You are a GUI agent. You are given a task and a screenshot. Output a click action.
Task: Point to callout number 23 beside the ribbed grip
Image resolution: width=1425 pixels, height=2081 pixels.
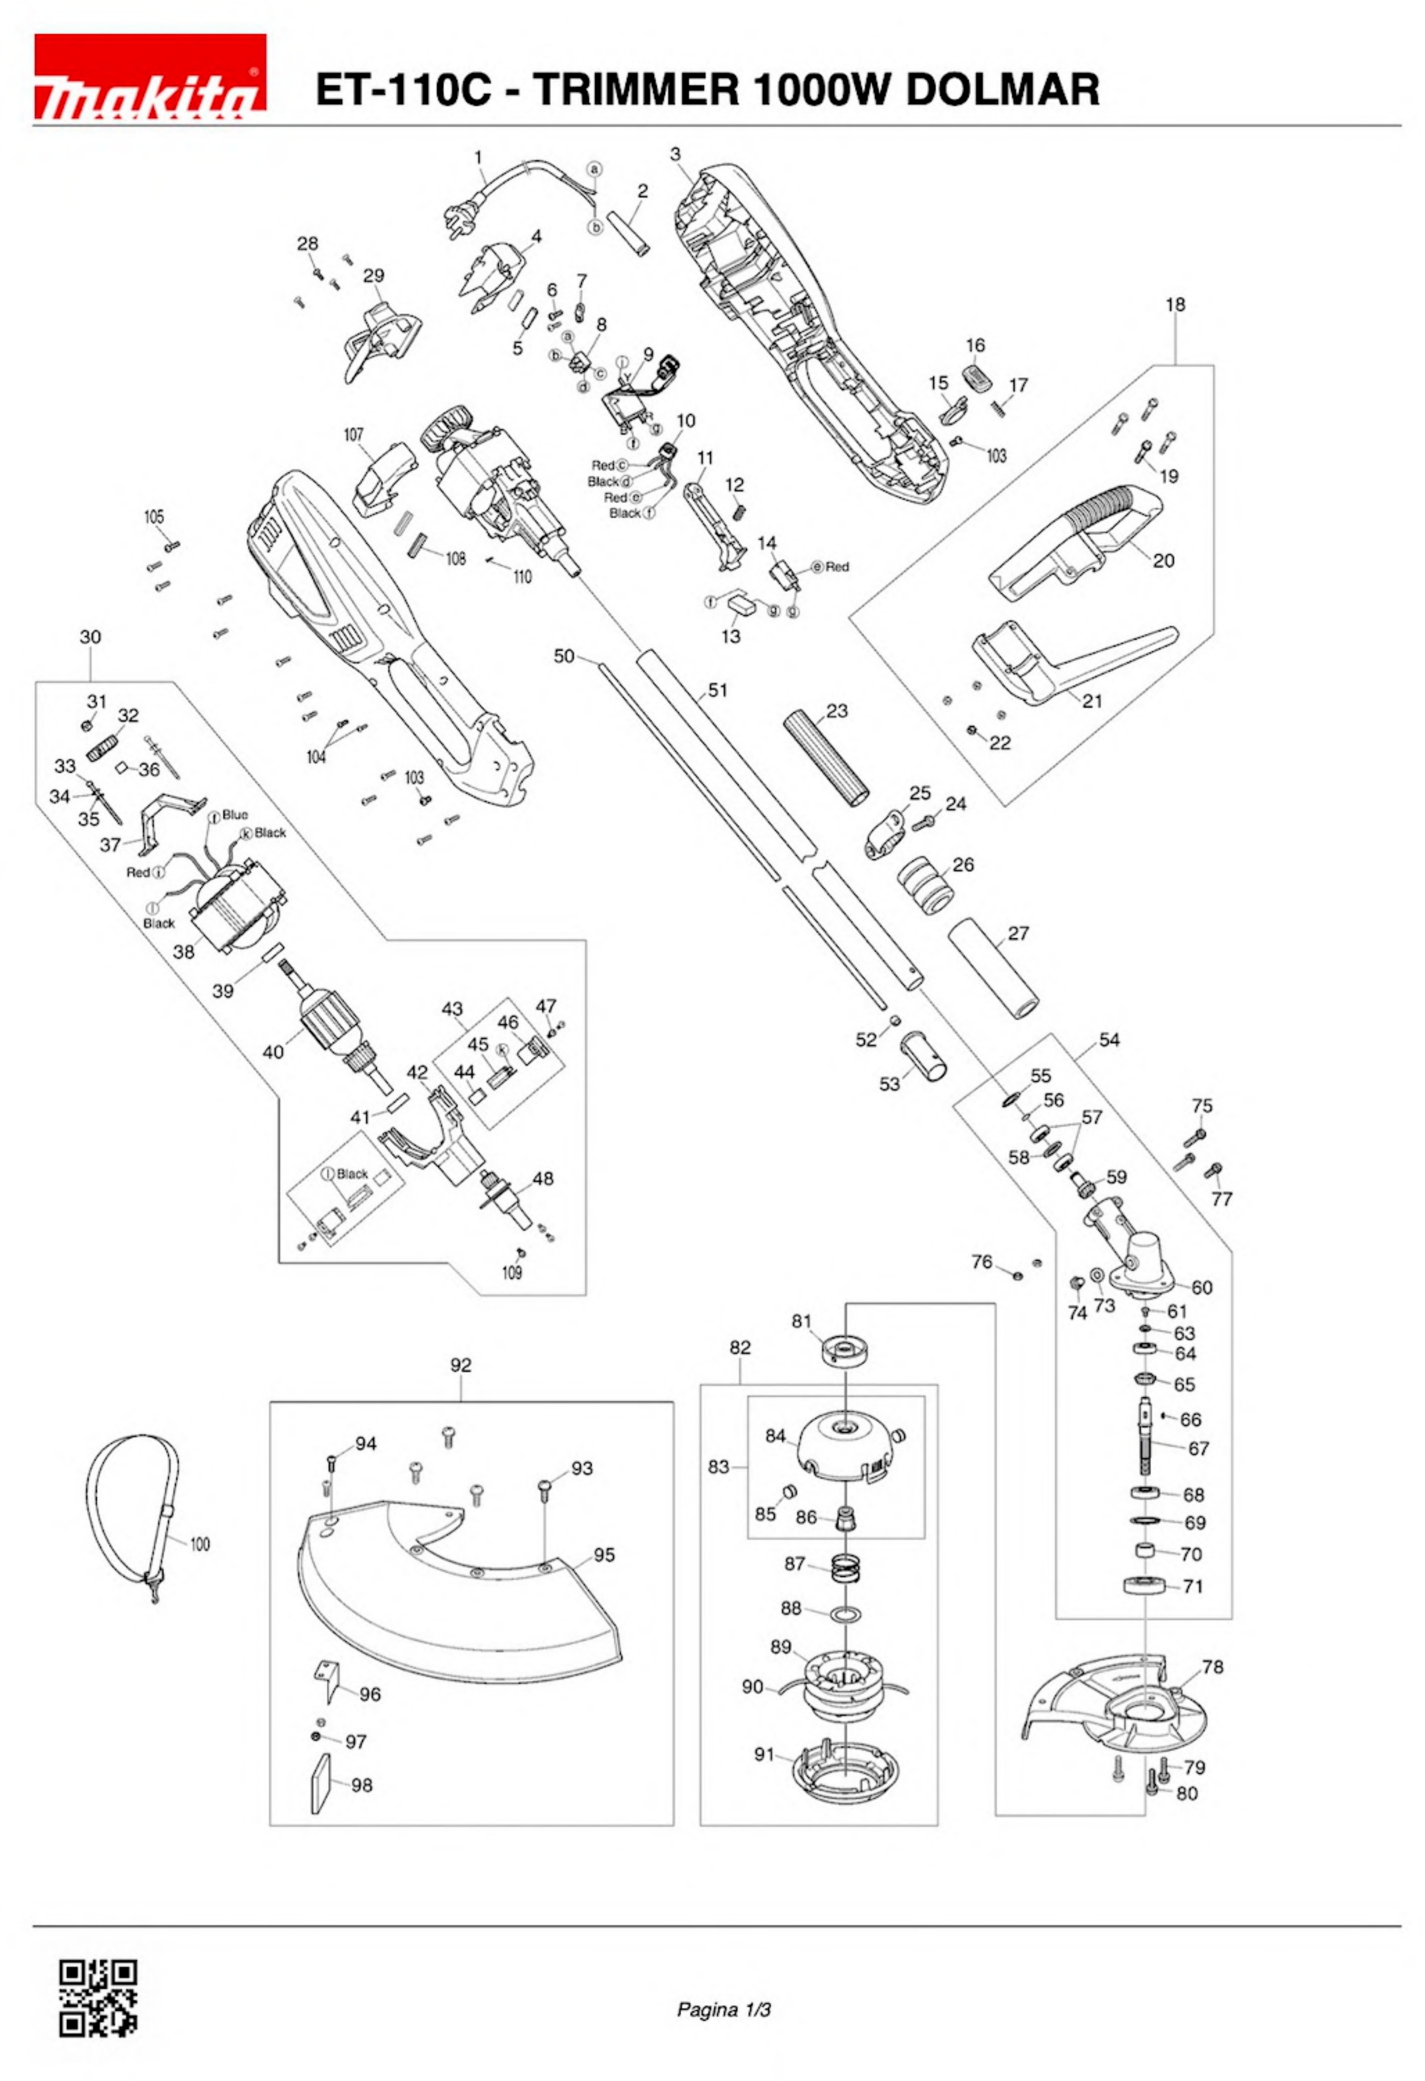(x=836, y=711)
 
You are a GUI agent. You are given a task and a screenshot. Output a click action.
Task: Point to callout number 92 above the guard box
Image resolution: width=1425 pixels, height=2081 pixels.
(x=460, y=1366)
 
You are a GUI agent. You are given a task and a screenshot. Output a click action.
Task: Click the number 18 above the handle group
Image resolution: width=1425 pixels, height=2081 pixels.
(x=1175, y=305)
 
